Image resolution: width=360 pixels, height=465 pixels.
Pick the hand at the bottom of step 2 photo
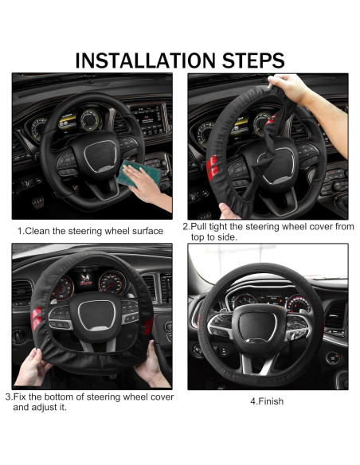click(229, 210)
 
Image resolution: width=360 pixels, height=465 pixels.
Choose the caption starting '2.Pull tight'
click(268, 232)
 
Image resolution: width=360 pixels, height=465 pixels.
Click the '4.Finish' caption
click(267, 401)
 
